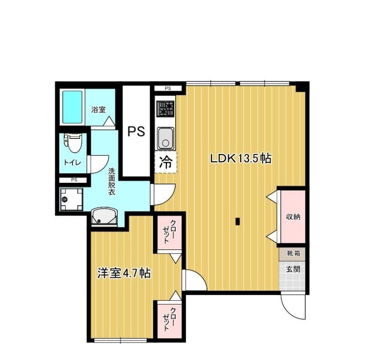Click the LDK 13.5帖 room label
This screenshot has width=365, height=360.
pyautogui.click(x=240, y=159)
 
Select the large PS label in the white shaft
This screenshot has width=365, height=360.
pyautogui.click(x=136, y=132)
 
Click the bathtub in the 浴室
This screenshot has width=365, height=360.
pyautogui.click(x=72, y=107)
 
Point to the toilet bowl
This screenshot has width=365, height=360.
pyautogui.click(x=73, y=143)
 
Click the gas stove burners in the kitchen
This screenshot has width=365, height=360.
pyautogui.click(x=166, y=109)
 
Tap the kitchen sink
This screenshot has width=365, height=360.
pyautogui.click(x=166, y=138)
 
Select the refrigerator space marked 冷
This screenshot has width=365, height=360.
pyautogui.click(x=167, y=163)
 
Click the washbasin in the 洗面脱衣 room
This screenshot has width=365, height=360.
pyautogui.click(x=104, y=217)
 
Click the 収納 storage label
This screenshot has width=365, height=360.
pyautogui.click(x=293, y=217)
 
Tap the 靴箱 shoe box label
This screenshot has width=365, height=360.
pyautogui.click(x=293, y=253)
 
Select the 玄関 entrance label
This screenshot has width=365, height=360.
pyautogui.click(x=293, y=269)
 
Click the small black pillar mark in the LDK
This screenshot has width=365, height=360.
pyautogui.click(x=238, y=222)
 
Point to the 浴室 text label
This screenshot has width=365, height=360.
pyautogui.click(x=99, y=110)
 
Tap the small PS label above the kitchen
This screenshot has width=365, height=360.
pyautogui.click(x=167, y=88)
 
